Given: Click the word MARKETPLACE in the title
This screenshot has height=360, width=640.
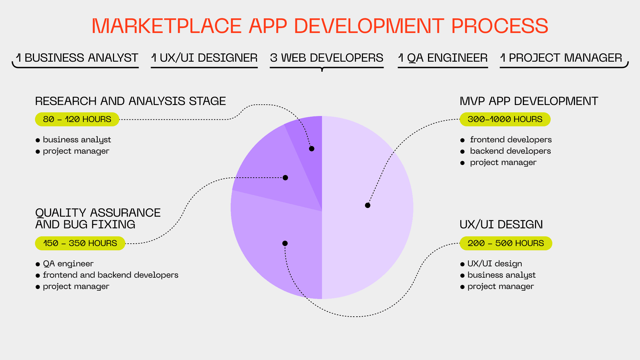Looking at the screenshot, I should [166, 26].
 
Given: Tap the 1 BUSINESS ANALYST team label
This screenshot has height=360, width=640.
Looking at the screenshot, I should [77, 58].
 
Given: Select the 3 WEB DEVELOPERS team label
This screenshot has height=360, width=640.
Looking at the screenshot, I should [327, 58].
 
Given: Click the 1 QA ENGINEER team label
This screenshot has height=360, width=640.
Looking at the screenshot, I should [443, 58].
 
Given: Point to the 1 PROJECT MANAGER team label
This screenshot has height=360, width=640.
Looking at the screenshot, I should [561, 58].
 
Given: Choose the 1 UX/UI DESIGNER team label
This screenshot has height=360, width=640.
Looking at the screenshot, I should [204, 58].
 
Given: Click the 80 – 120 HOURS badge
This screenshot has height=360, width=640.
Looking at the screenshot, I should [77, 119].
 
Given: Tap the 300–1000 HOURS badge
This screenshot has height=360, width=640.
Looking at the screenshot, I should [505, 119].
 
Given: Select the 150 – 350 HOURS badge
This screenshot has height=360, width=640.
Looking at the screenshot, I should [80, 243].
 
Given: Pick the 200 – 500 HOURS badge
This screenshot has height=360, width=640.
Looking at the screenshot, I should [506, 243].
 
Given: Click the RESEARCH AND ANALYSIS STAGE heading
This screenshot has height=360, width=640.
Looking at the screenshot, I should [130, 101].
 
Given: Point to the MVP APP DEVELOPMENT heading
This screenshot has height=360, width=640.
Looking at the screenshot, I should [529, 101].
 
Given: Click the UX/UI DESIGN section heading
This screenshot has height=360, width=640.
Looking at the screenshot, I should [501, 224].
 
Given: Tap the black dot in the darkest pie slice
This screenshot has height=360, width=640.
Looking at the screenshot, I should [312, 149].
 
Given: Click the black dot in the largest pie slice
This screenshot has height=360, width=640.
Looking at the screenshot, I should [368, 205].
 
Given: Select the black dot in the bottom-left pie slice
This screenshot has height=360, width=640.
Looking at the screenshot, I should [285, 243].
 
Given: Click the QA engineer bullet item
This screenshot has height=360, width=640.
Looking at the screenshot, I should [68, 264].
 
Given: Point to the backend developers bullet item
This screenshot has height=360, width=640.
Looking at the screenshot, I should [510, 151].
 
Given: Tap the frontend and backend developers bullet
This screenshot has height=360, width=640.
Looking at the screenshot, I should [110, 275].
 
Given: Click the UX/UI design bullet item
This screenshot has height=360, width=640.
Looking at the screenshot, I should [494, 264].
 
